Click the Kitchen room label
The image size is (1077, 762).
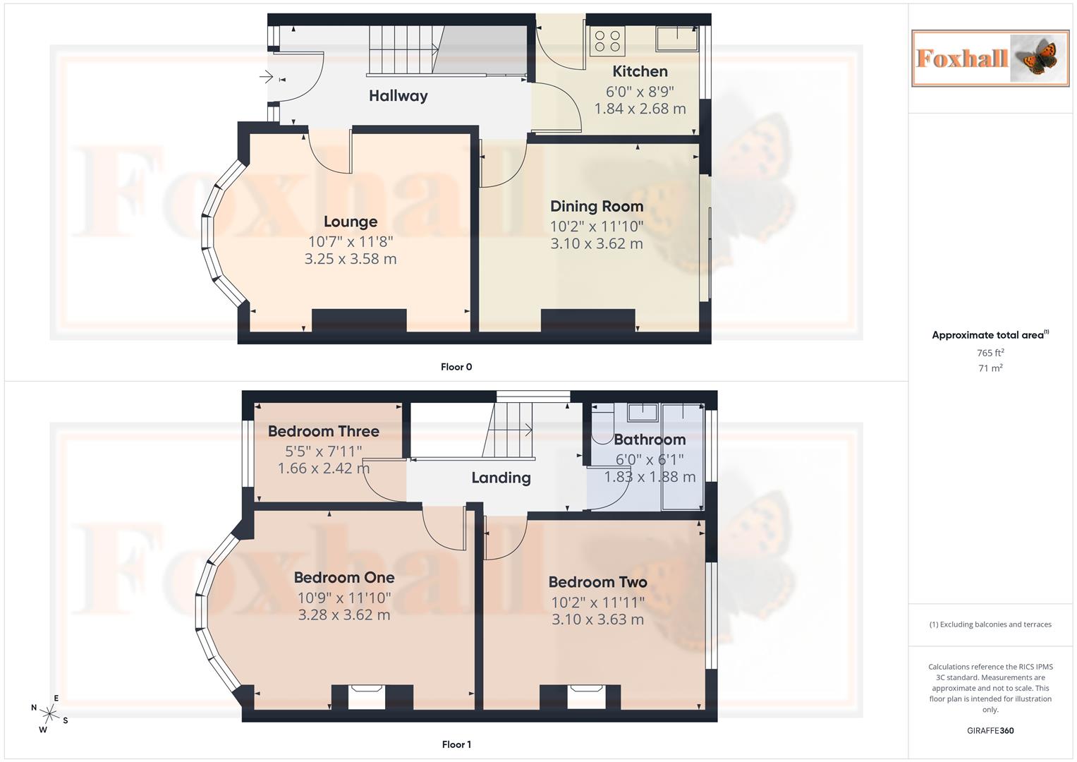click(640, 71)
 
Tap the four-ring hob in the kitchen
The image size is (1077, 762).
click(607, 41)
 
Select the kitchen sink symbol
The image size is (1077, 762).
click(676, 39)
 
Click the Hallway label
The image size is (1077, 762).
click(398, 96)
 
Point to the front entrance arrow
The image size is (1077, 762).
click(266, 76)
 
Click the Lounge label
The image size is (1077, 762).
click(351, 222)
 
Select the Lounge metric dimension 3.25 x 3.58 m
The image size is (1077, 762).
click(351, 259)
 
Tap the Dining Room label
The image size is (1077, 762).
click(597, 206)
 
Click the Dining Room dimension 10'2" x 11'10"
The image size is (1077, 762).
click(597, 226)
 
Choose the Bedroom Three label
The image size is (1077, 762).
click(323, 431)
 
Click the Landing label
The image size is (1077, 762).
click(501, 478)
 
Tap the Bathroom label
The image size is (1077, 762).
click(650, 440)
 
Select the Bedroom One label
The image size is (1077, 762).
click(344, 577)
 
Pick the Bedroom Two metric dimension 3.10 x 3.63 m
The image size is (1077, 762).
click(597, 619)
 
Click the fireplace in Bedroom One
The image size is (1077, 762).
click(367, 696)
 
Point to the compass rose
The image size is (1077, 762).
click(49, 713)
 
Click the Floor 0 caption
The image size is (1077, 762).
click(456, 367)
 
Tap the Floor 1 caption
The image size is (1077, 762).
click(456, 744)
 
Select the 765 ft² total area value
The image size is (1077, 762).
click(990, 353)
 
